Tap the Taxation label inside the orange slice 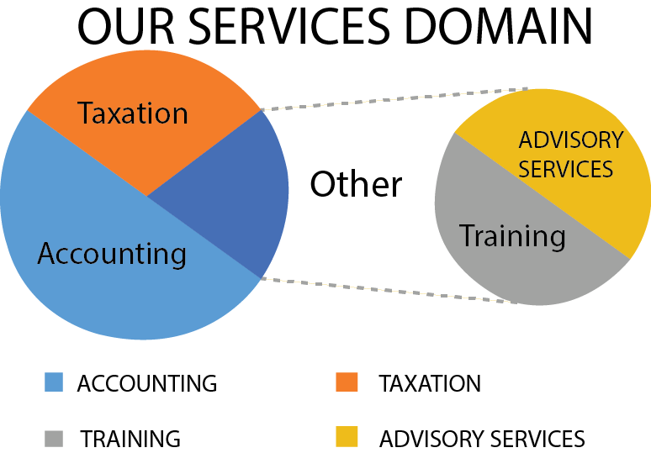click(x=133, y=113)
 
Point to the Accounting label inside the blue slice click(x=112, y=253)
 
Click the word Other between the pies click(x=356, y=184)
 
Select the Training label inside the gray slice click(x=512, y=236)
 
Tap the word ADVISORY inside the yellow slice click(x=570, y=140)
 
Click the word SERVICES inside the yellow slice click(x=565, y=169)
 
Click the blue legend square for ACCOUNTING click(x=54, y=383)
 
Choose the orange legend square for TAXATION click(x=346, y=383)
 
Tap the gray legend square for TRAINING click(x=54, y=438)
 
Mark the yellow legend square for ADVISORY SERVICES click(x=346, y=438)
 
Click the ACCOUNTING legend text click(x=147, y=384)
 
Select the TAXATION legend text click(x=430, y=384)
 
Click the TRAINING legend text click(x=130, y=439)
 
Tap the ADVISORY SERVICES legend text click(x=482, y=439)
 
